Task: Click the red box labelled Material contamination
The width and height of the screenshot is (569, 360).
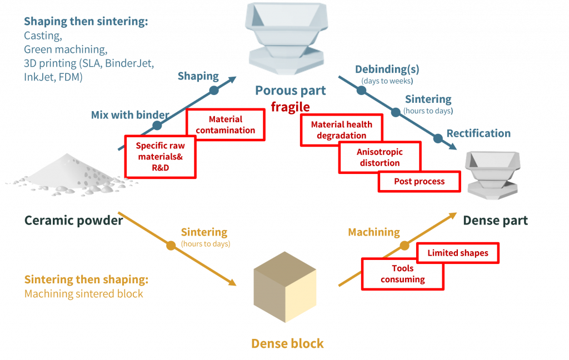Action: (226, 125)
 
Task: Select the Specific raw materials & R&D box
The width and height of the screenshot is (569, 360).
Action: (160, 156)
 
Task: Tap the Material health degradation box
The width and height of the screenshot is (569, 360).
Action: (341, 130)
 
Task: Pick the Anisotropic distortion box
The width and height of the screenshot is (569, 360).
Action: (380, 157)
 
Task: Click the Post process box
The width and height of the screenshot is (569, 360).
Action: (419, 182)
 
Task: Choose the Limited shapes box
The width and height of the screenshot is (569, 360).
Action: (458, 253)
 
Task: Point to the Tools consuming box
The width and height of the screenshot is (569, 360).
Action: (403, 273)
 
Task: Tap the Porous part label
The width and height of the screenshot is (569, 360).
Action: (290, 90)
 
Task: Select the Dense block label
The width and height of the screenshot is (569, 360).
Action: (287, 343)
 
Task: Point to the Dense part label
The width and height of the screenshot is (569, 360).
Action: (495, 221)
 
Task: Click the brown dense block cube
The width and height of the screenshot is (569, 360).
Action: (285, 289)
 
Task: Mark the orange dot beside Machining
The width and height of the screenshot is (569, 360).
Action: (405, 245)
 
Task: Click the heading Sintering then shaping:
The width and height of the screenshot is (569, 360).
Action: (86, 279)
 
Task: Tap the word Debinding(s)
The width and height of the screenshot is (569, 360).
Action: (387, 70)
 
